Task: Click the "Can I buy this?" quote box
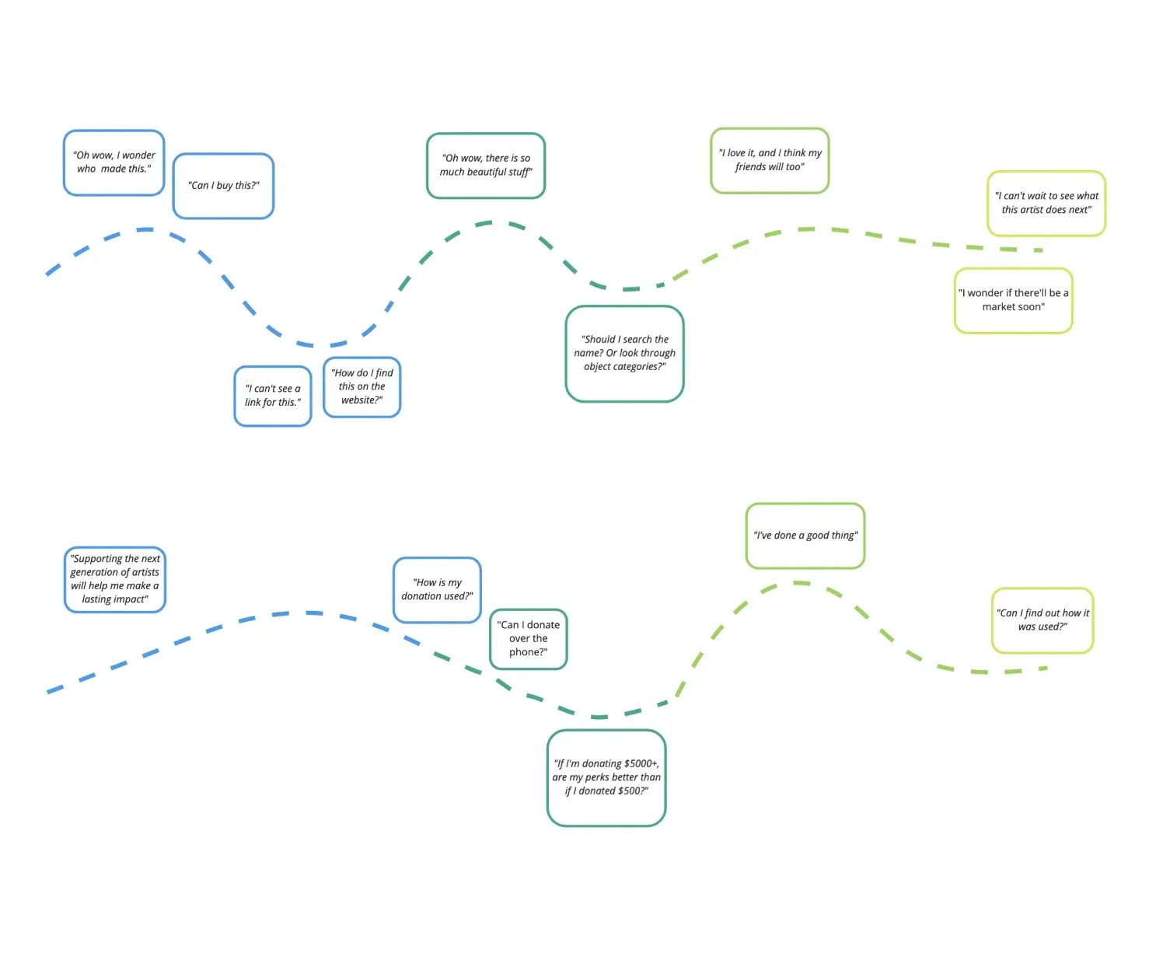tap(223, 186)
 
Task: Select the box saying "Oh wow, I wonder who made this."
tap(114, 162)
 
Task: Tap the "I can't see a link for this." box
tap(273, 396)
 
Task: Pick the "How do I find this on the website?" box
tap(362, 387)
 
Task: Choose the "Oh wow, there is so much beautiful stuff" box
tap(486, 166)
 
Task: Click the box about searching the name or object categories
tap(624, 354)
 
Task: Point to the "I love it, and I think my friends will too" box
tap(770, 160)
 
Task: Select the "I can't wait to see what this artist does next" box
tap(1046, 203)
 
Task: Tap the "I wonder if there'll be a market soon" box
tap(1013, 300)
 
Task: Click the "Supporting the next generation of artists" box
tap(115, 579)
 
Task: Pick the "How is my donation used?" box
tap(437, 589)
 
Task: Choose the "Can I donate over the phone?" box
tap(529, 639)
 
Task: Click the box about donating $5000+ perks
tap(606, 777)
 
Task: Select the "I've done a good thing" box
tap(805, 536)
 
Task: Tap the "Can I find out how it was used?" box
tap(1042, 620)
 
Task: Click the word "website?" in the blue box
tap(362, 400)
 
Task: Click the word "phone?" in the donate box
tap(529, 652)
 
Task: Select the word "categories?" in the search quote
tap(639, 367)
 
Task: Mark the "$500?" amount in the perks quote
tap(633, 791)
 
